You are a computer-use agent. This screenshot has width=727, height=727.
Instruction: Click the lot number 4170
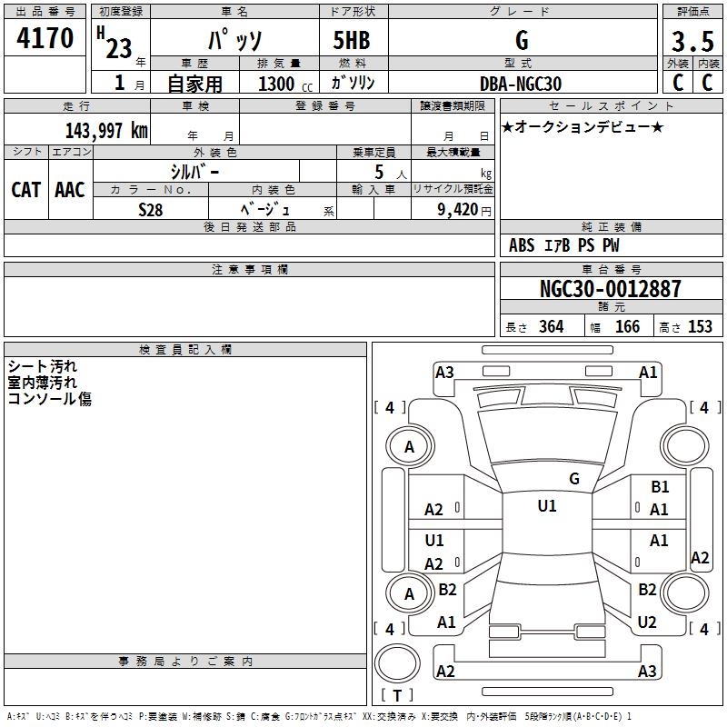pyautogui.click(x=45, y=38)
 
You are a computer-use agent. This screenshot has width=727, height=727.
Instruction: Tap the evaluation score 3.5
pyautogui.click(x=692, y=42)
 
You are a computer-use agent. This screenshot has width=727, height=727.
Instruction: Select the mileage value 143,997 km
pyautogui.click(x=106, y=131)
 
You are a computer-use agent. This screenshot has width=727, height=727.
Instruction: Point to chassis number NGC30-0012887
pyautogui.click(x=610, y=289)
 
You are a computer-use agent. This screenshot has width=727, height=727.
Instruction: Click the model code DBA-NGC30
pyautogui.click(x=521, y=84)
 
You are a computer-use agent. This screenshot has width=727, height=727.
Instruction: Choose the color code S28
pyautogui.click(x=150, y=209)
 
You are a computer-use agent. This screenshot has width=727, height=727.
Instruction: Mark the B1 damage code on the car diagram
pyautogui.click(x=660, y=487)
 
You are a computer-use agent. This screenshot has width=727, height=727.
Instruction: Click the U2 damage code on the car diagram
pyautogui.click(x=647, y=622)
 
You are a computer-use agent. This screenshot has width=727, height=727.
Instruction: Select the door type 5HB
pyautogui.click(x=352, y=41)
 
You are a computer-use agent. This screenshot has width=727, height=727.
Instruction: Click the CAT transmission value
pyautogui.click(x=25, y=190)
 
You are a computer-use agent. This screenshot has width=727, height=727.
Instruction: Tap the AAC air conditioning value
pyautogui.click(x=70, y=190)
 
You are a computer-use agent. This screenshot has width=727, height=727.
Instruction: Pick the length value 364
pyautogui.click(x=551, y=327)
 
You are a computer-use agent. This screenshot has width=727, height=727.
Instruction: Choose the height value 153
pyautogui.click(x=700, y=327)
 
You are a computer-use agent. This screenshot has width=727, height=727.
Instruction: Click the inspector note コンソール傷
pyautogui.click(x=50, y=398)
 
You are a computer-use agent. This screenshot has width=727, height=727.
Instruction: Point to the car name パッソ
pyautogui.click(x=234, y=41)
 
